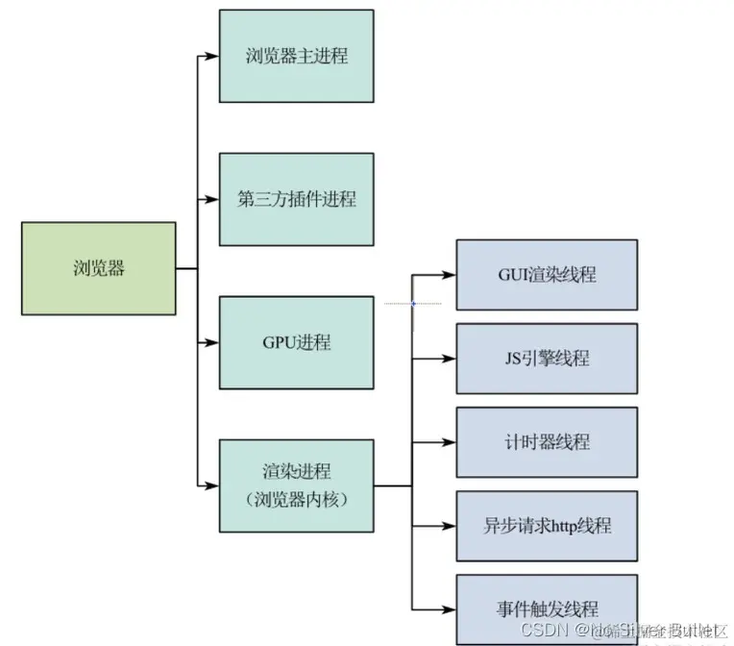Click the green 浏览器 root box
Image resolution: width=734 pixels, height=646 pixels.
click(x=98, y=268)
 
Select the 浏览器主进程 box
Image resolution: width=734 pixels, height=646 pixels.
click(x=296, y=56)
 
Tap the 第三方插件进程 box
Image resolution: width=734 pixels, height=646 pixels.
click(x=296, y=199)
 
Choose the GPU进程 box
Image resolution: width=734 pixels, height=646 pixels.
click(x=296, y=342)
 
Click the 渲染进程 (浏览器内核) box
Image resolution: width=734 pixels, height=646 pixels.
click(x=296, y=484)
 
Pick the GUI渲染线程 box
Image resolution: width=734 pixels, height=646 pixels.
click(x=546, y=275)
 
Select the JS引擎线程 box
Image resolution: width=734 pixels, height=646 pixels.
click(x=546, y=359)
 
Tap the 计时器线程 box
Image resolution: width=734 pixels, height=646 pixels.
click(x=546, y=442)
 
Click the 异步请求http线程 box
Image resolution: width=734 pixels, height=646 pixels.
click(x=546, y=526)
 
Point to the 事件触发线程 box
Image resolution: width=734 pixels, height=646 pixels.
click(x=546, y=609)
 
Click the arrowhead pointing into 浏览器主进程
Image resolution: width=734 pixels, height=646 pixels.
click(x=212, y=56)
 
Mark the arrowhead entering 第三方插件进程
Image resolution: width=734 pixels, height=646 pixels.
click(x=212, y=199)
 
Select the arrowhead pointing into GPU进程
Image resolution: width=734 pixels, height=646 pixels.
click(x=212, y=342)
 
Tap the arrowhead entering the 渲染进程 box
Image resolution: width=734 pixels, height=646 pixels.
click(x=212, y=484)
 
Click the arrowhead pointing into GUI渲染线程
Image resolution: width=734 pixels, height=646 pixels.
click(x=449, y=275)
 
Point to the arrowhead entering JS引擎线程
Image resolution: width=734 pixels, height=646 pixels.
click(x=449, y=359)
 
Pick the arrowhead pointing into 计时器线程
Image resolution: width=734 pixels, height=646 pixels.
click(x=449, y=442)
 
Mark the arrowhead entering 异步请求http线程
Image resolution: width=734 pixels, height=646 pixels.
click(x=449, y=526)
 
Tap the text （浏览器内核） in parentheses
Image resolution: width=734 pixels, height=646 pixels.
click(x=296, y=499)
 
